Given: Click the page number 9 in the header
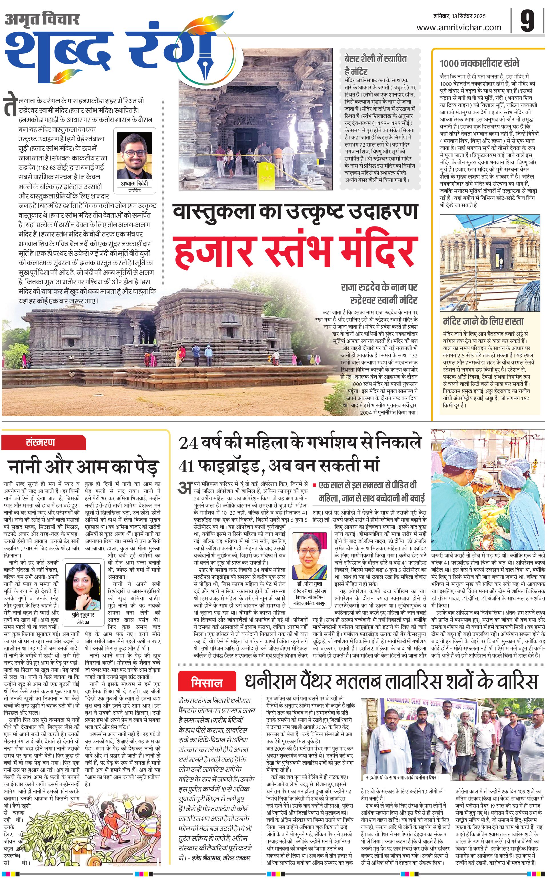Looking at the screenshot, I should pyautogui.click(x=528, y=22).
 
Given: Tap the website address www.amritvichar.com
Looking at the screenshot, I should pyautogui.click(x=459, y=27).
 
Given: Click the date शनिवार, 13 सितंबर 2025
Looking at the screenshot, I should pyautogui.click(x=460, y=16).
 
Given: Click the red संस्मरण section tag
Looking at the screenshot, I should pyautogui.click(x=41, y=442).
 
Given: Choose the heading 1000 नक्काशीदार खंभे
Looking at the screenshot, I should pyautogui.click(x=479, y=63).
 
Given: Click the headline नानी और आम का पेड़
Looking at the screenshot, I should pyautogui.click(x=83, y=466).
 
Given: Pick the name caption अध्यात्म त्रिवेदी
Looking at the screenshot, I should pyautogui.click(x=134, y=183).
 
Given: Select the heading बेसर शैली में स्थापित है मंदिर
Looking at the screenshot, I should pyautogui.click(x=376, y=64).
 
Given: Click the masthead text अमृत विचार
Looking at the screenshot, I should pyautogui.click(x=42, y=19).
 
